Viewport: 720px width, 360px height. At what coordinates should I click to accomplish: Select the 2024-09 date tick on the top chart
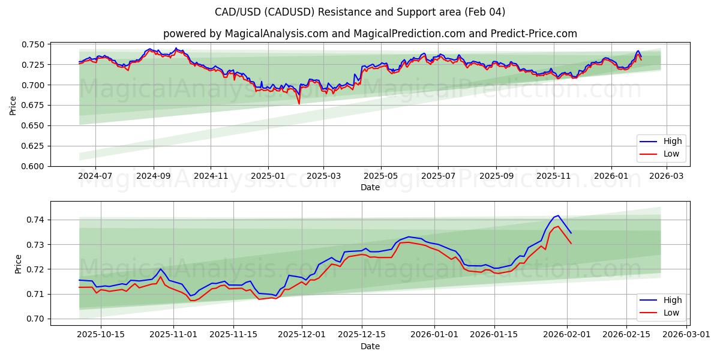click(x=154, y=176)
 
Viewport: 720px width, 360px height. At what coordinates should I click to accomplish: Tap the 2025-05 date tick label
click(x=381, y=176)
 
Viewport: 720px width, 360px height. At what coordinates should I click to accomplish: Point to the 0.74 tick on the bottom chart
click(x=36, y=220)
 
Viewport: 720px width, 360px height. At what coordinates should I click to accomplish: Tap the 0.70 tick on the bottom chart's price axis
click(x=36, y=319)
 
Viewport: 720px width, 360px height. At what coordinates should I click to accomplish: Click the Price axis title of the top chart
click(x=13, y=105)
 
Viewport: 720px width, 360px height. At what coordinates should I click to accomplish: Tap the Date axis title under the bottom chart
click(x=370, y=346)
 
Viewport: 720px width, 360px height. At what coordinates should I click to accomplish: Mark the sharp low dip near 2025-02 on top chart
click(x=299, y=104)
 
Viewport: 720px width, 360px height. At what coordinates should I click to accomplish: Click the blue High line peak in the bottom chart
click(x=558, y=215)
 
